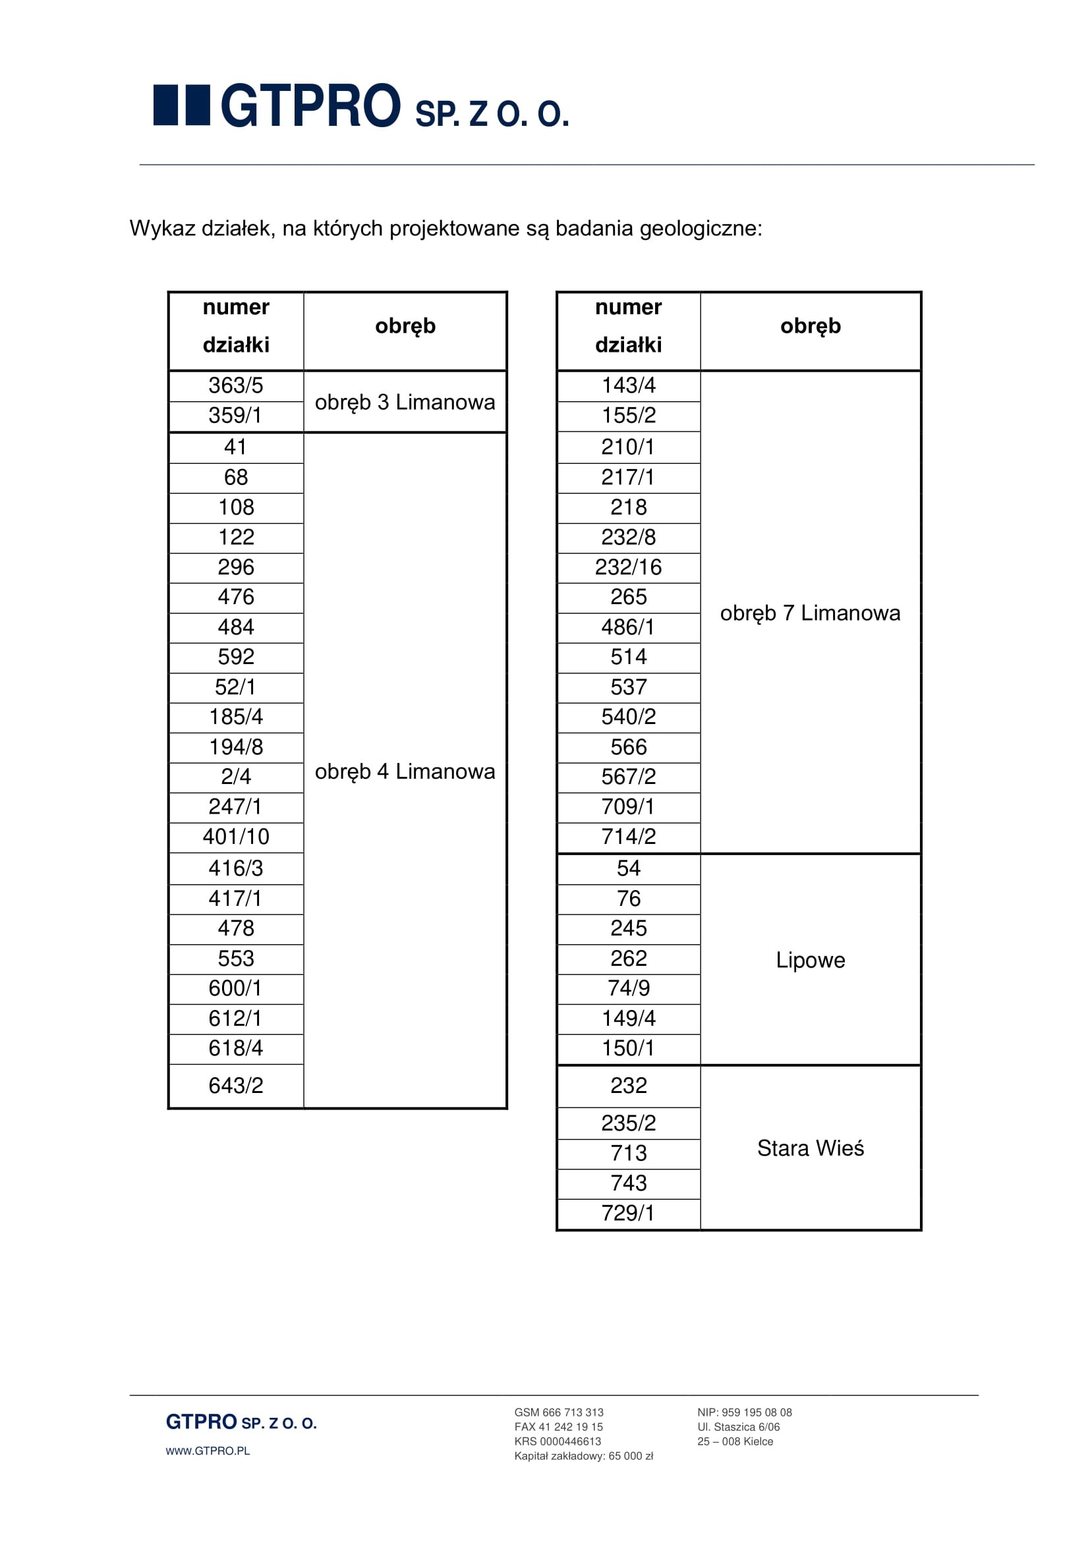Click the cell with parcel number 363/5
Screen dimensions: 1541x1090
[235, 385]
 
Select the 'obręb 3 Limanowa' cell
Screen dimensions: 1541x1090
[405, 402]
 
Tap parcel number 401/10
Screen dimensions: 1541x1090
[235, 836]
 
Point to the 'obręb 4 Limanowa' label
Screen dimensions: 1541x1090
[405, 771]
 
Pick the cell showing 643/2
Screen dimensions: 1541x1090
[235, 1085]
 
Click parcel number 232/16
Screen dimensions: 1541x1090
[628, 567]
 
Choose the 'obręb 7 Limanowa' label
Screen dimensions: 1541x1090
[810, 613]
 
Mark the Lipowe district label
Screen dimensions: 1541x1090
[810, 960]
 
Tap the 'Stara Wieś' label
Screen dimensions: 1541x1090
[810, 1148]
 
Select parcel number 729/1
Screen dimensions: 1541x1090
[628, 1213]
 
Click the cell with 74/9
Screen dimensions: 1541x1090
[628, 988]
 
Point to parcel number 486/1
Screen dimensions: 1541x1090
[628, 627]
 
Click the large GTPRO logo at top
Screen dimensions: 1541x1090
[361, 106]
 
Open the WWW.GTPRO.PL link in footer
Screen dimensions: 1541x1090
[208, 1451]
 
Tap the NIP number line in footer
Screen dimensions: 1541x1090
[744, 1412]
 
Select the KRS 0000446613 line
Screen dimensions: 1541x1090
[558, 1441]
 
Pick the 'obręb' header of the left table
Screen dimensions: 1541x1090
[405, 326]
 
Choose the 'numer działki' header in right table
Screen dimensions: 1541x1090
[628, 326]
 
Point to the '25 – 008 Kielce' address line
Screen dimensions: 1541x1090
[735, 1441]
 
